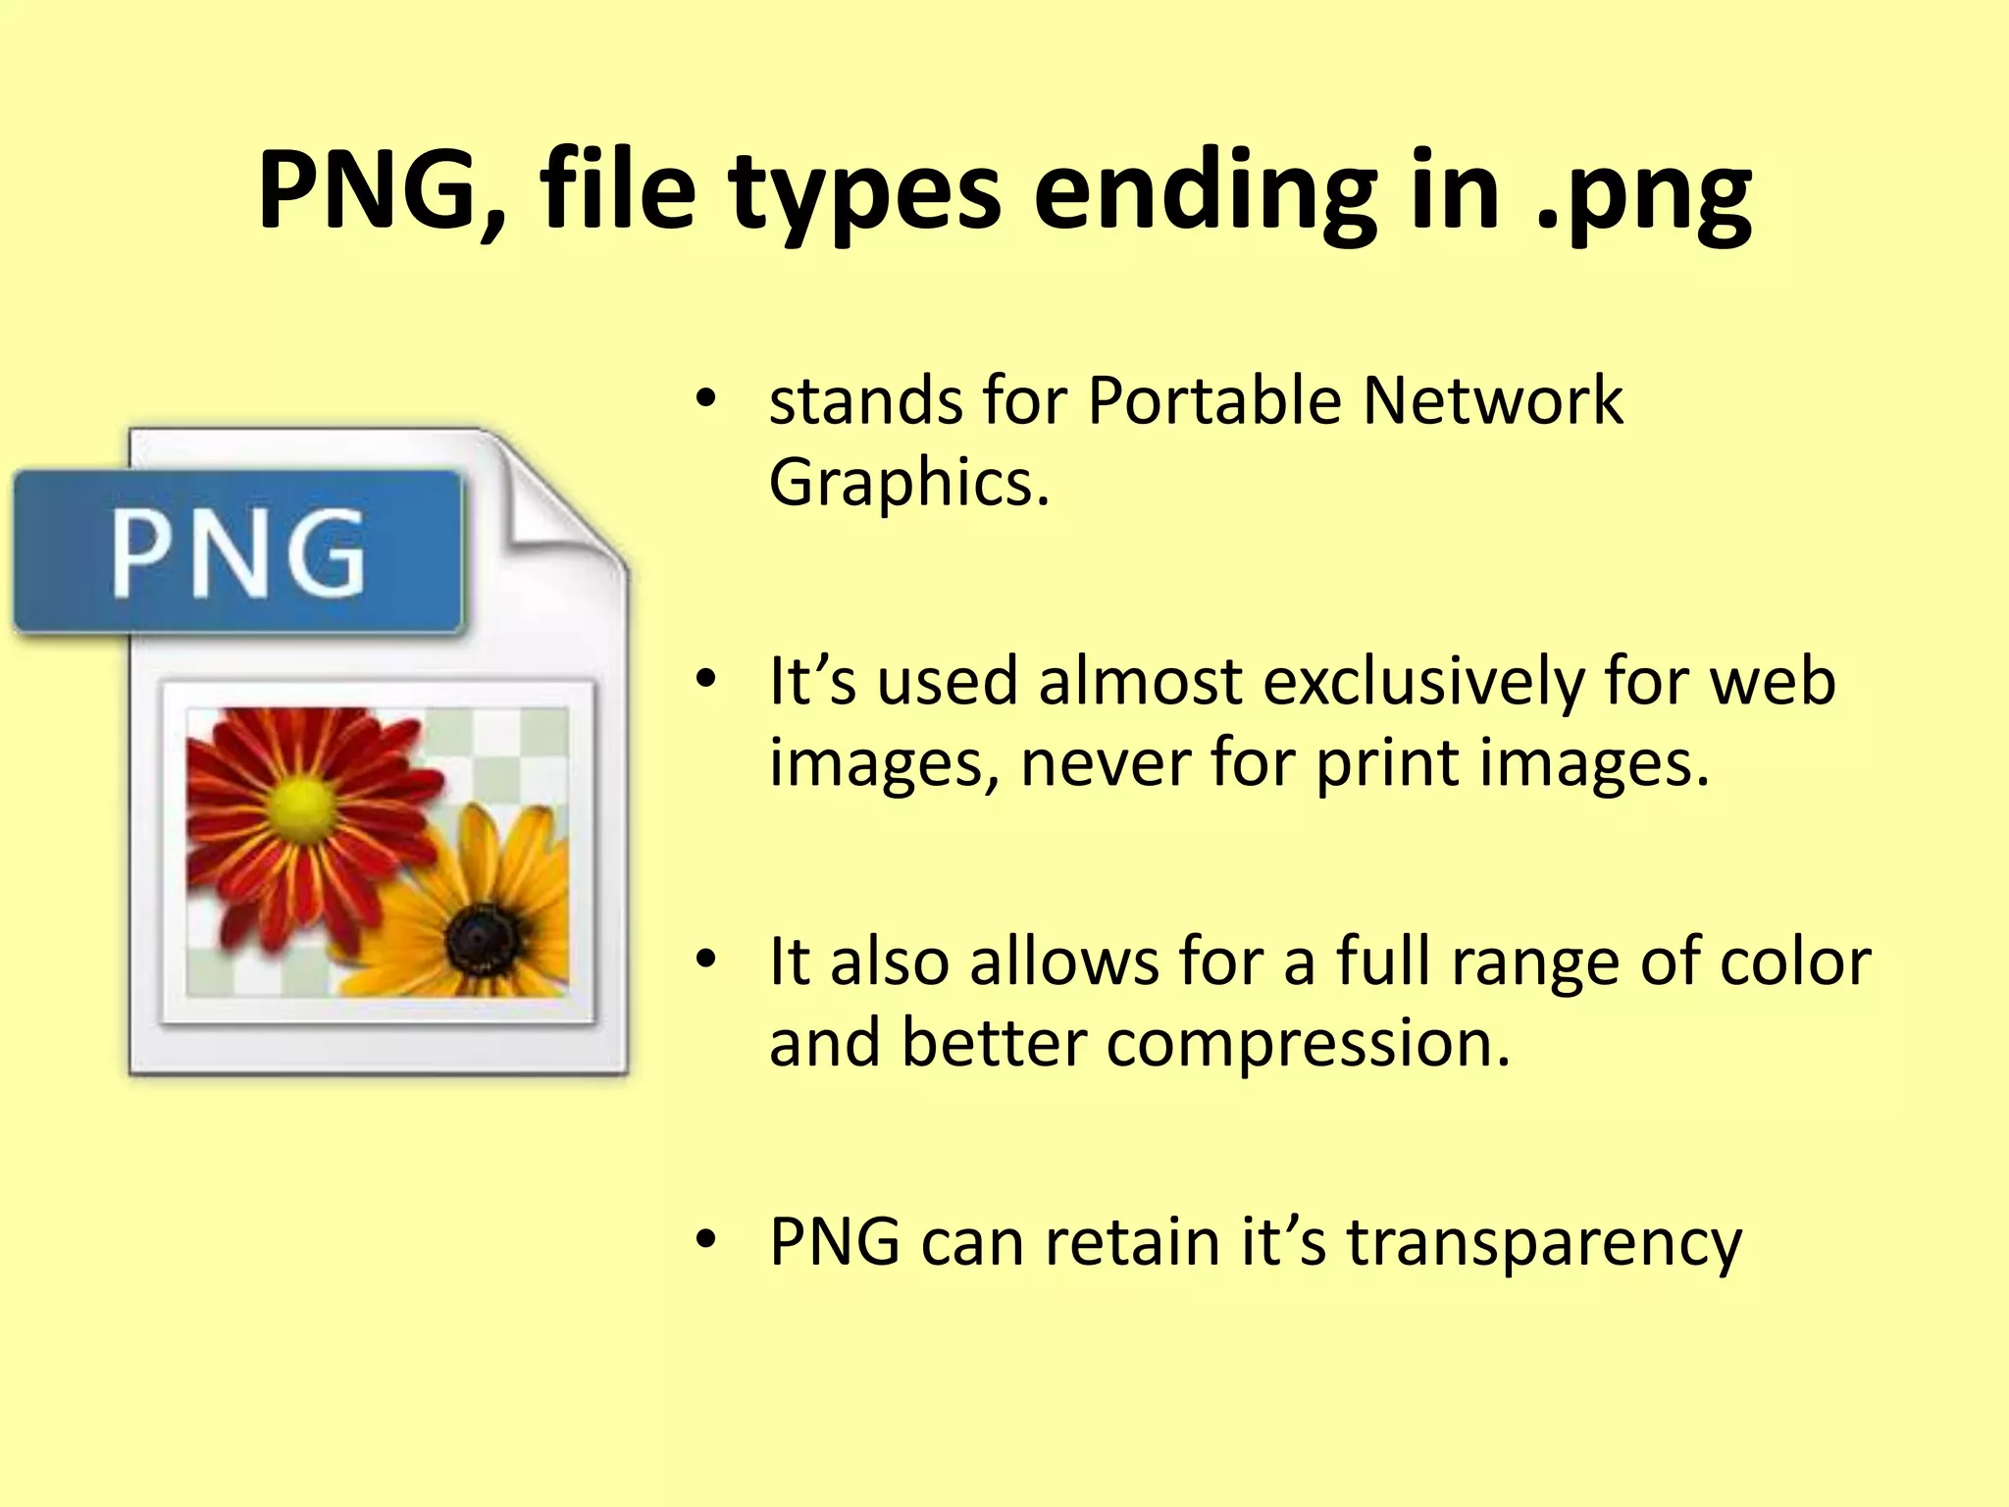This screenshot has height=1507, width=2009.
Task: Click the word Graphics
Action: (907, 483)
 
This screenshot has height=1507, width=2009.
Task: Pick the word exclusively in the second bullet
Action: (1423, 681)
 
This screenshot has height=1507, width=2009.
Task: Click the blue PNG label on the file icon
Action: (237, 551)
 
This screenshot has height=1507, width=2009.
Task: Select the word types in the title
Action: (864, 192)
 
